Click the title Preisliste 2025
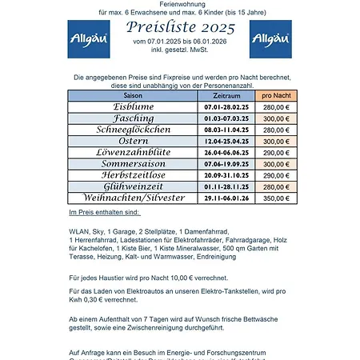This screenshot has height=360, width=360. (180, 27)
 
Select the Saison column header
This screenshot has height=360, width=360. (133, 94)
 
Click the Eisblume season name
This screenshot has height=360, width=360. (133, 106)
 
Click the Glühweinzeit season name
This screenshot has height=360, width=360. (133, 186)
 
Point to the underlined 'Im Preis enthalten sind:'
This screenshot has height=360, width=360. (104, 213)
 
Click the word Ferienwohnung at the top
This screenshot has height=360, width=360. (180, 4)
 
